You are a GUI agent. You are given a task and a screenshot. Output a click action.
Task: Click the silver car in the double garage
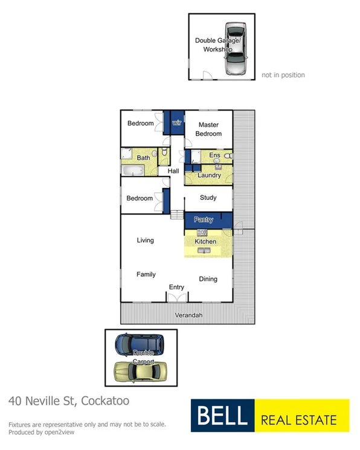234,50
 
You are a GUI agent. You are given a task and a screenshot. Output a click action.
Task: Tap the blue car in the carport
138,346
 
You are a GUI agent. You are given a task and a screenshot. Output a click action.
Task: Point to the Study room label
208,198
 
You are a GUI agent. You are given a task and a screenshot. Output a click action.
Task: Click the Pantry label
204,220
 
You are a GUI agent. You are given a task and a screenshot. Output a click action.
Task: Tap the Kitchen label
205,242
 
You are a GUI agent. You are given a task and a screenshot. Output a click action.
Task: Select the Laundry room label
209,176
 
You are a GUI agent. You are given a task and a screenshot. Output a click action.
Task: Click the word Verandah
188,315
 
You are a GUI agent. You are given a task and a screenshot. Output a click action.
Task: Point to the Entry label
176,287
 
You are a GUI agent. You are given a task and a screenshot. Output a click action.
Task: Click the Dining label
208,279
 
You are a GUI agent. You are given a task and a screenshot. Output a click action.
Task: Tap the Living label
145,240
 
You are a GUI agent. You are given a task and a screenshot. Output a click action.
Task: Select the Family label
146,274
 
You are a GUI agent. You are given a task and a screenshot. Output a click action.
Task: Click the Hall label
173,172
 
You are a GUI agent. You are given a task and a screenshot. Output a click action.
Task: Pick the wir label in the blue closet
177,123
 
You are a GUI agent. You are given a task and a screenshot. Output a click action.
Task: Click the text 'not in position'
283,76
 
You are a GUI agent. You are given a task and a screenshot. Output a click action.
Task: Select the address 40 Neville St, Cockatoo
69,401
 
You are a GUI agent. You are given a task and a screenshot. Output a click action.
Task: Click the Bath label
143,158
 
